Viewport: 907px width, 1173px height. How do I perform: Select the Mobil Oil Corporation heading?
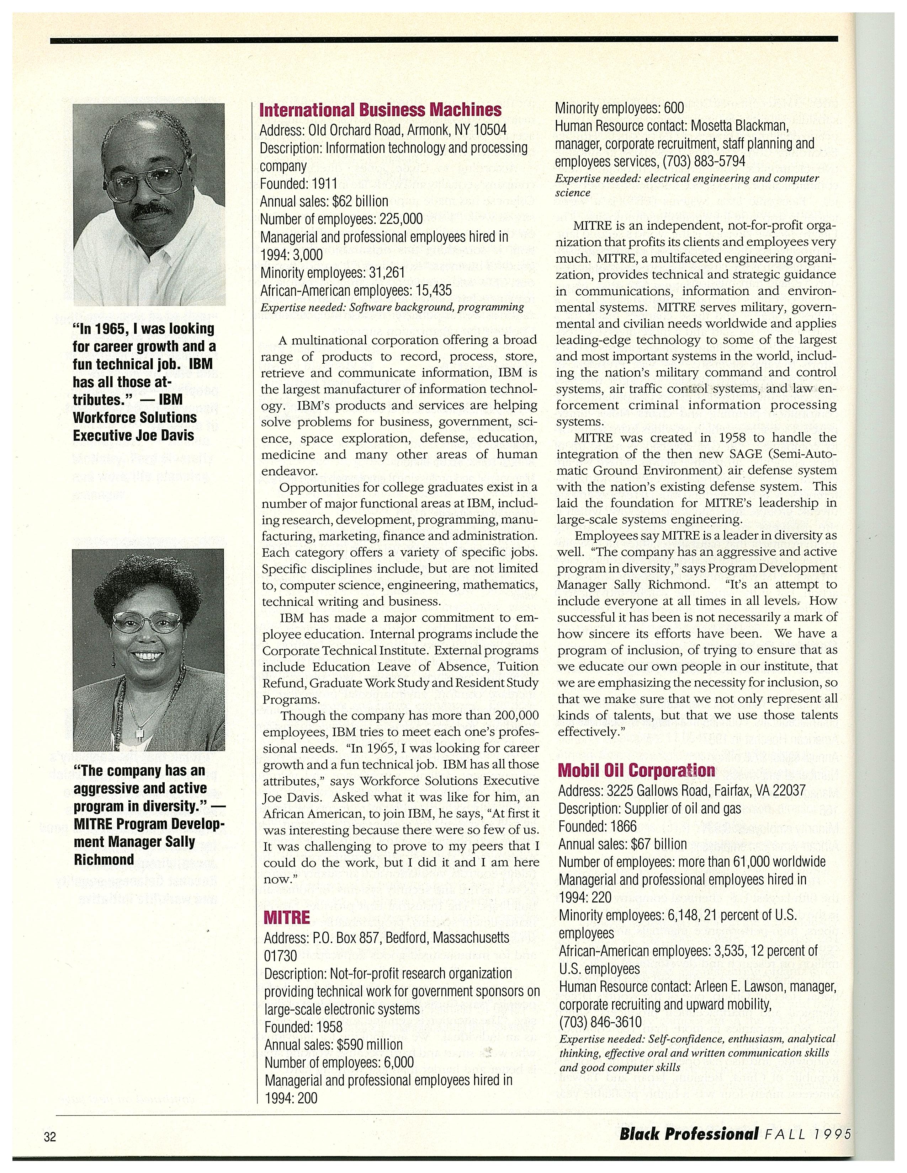click(637, 770)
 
